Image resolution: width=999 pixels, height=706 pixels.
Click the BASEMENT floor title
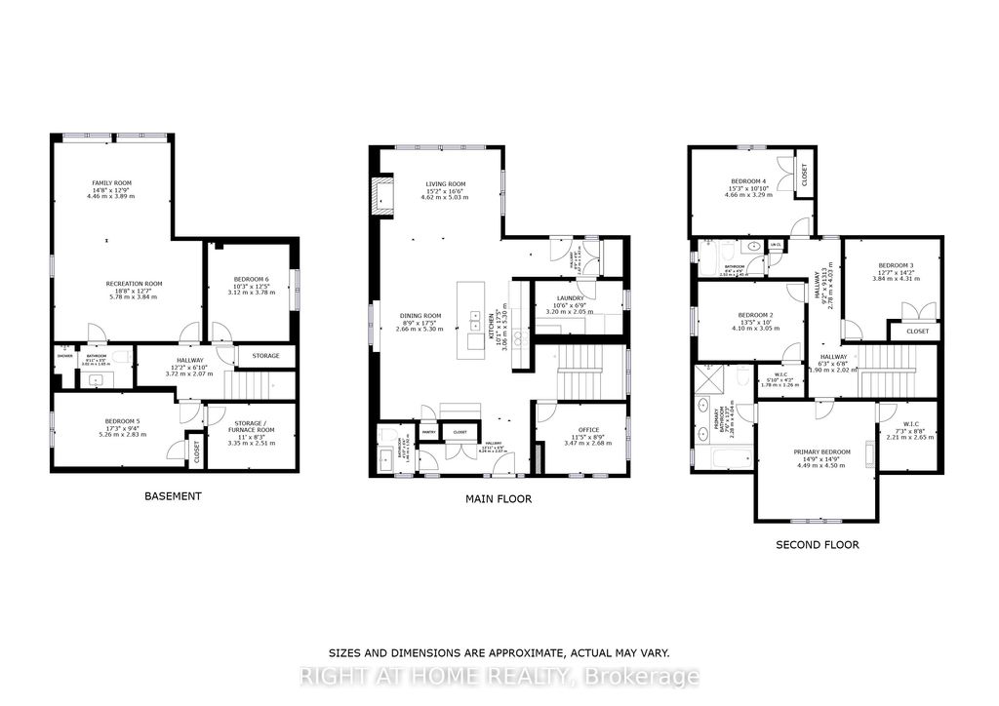[x=173, y=496]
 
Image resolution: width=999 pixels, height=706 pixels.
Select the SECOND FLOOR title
[x=817, y=545]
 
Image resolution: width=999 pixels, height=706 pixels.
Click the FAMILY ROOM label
[x=111, y=183]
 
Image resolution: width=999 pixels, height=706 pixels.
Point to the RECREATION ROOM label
[x=134, y=284]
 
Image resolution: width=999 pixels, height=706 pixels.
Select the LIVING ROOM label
[x=445, y=183]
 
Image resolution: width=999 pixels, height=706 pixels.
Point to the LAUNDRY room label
[x=570, y=299]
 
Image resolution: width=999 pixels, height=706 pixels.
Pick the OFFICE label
[x=587, y=429]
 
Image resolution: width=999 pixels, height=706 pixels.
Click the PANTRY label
[x=427, y=431]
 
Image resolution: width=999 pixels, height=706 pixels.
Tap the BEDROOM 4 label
[x=748, y=182]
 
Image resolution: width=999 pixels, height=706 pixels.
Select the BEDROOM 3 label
[x=895, y=266]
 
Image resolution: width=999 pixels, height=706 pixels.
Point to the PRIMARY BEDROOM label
[x=821, y=452]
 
